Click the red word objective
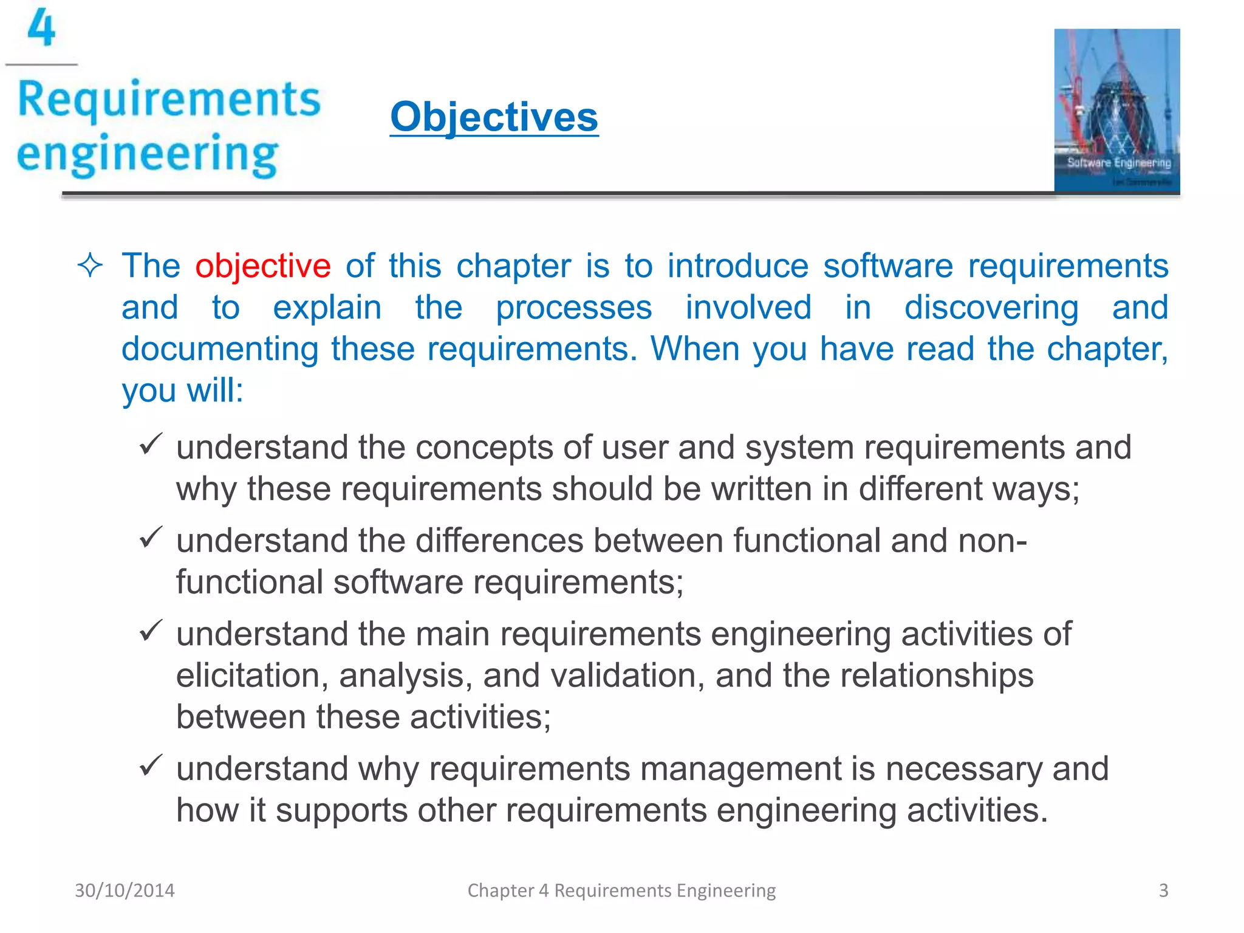pos(262,266)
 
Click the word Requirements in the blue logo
pos(169,100)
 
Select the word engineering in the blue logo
pos(148,154)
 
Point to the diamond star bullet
pos(90,265)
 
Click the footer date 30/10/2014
pos(125,890)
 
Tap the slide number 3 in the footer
pos(1163,890)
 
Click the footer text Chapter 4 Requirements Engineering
pos(621,890)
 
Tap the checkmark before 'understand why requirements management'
pos(150,765)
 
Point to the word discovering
pos(991,307)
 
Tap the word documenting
pos(220,349)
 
